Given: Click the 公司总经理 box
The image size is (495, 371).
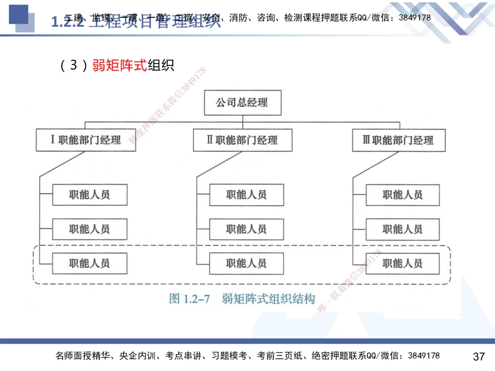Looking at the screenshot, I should click(x=243, y=102).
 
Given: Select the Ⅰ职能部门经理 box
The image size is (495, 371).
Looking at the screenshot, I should click(x=86, y=140).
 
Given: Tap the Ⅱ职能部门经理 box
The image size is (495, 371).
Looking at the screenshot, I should click(x=243, y=140).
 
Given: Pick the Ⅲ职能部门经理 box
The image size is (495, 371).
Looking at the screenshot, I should click(x=398, y=140).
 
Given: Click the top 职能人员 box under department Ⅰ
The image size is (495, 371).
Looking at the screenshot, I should click(x=90, y=195).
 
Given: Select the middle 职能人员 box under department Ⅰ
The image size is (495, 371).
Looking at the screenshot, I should click(x=90, y=229).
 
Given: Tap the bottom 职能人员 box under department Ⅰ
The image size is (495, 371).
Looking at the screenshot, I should click(x=90, y=263).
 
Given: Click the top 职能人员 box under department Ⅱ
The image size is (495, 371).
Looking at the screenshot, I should click(x=247, y=195).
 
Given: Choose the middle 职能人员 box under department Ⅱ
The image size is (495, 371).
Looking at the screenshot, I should click(x=247, y=229).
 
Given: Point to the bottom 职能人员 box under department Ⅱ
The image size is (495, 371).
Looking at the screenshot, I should click(x=247, y=263).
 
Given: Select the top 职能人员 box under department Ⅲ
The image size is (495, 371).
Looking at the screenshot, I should click(x=402, y=195).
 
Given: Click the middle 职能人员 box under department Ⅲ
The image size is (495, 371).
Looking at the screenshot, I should click(x=402, y=229).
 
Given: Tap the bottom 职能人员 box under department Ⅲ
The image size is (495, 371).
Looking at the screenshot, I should click(x=402, y=263).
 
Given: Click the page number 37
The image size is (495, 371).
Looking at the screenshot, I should click(x=479, y=356).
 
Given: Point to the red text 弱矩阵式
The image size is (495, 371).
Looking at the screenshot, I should click(x=119, y=65).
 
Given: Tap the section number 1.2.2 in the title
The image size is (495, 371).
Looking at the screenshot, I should click(x=67, y=22).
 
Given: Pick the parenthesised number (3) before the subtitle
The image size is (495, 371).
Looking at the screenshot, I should click(x=73, y=65).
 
